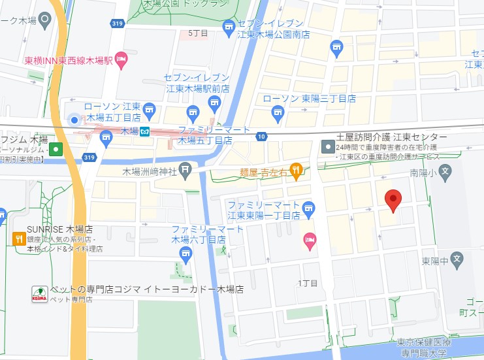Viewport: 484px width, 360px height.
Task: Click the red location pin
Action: pyautogui.click(x=393, y=201)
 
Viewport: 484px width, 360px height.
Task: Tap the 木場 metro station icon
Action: pyautogui.click(x=146, y=131)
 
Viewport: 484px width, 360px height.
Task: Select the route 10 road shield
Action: pyautogui.click(x=261, y=137)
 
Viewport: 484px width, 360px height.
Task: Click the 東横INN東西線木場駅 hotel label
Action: pyautogui.click(x=69, y=61)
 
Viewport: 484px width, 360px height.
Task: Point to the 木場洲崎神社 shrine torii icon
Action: pyautogui.click(x=186, y=171)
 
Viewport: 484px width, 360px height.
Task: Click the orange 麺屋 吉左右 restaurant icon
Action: pyautogui.click(x=296, y=171)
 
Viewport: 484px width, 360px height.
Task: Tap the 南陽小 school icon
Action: pyautogui.click(x=445, y=173)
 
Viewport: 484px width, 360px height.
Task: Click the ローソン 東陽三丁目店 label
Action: pyautogui.click(x=310, y=99)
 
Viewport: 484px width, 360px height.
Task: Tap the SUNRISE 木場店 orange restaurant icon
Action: pyautogui.click(x=18, y=238)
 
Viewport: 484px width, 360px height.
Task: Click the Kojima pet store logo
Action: pyautogui.click(x=40, y=293)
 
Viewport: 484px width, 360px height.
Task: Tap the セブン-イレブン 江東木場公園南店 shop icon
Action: pyautogui.click(x=228, y=26)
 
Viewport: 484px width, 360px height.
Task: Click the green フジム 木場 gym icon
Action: pyautogui.click(x=57, y=149)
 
